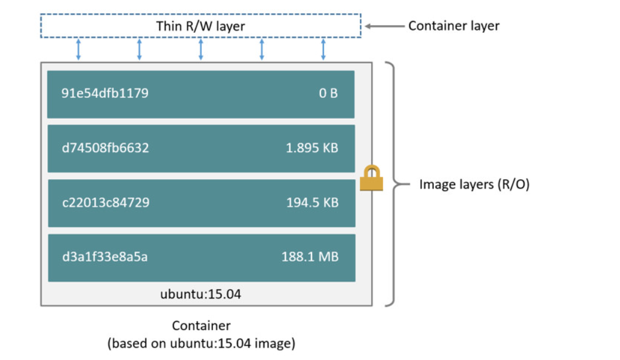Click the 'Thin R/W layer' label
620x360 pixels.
click(x=201, y=26)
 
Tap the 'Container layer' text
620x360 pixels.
click(x=454, y=26)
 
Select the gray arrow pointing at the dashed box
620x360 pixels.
click(x=384, y=26)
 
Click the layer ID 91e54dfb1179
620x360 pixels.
click(x=105, y=93)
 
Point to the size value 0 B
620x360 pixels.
click(x=328, y=93)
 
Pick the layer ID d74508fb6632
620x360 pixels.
click(x=105, y=147)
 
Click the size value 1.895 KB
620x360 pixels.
click(x=312, y=147)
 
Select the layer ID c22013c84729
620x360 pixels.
click(x=106, y=202)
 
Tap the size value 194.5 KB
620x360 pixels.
click(x=312, y=202)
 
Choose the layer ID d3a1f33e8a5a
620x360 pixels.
click(x=105, y=257)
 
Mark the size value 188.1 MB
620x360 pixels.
click(x=310, y=257)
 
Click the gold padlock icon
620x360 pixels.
click(x=371, y=178)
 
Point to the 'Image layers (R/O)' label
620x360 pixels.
click(x=474, y=184)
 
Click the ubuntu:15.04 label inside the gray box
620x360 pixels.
click(x=201, y=294)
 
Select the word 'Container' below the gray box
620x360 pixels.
click(x=201, y=325)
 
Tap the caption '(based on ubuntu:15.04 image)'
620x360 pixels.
click(x=201, y=343)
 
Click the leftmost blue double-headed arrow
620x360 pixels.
click(x=78, y=50)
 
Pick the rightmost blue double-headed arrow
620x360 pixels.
click(x=323, y=50)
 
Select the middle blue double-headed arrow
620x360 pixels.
click(x=201, y=50)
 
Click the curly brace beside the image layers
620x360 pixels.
click(x=394, y=184)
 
